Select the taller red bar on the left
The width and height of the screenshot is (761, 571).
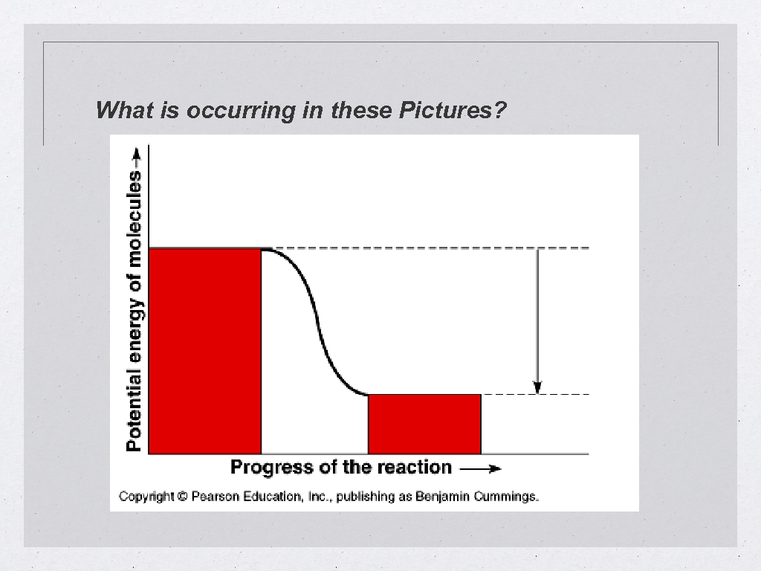pyautogui.click(x=205, y=350)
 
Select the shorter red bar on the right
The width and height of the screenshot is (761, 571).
pyautogui.click(x=424, y=423)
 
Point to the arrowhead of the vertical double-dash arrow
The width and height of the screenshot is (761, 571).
pyautogui.click(x=537, y=387)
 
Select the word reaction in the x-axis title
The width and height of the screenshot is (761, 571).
pyautogui.click(x=415, y=467)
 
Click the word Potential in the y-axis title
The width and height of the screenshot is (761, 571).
pyautogui.click(x=134, y=416)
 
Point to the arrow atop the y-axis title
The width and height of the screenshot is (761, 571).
pyautogui.click(x=135, y=158)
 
